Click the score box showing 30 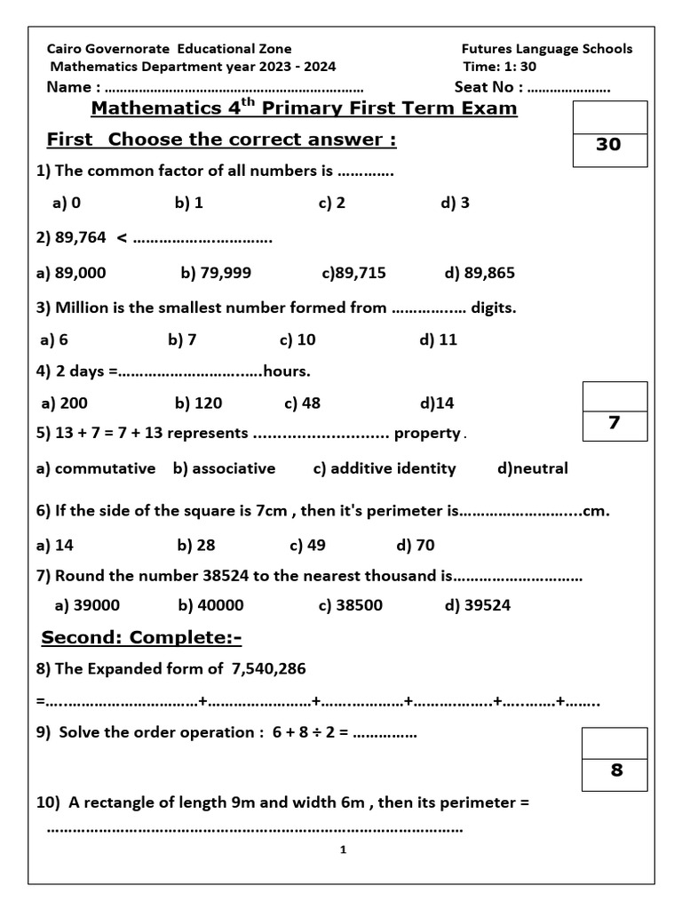click(608, 144)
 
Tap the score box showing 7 click(615, 423)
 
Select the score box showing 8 click(616, 770)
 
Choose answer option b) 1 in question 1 click(189, 203)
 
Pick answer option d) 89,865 click(479, 273)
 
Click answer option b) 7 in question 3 click(182, 339)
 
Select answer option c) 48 click(303, 403)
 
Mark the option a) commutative click(96, 468)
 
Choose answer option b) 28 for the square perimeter click(196, 545)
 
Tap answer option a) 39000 click(87, 605)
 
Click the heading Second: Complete click(142, 638)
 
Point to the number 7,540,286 click(268, 667)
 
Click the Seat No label click(488, 87)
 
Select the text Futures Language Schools click(547, 49)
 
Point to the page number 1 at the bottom click(343, 850)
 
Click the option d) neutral click(533, 468)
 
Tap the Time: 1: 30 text click(499, 67)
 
